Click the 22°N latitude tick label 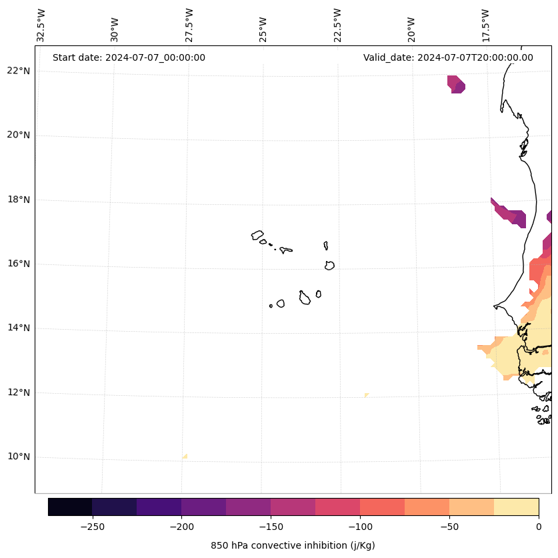coord(19,71)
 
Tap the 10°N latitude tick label coord(19,457)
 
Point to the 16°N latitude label coord(19,264)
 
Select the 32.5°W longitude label coord(41,25)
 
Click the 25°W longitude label coord(263,28)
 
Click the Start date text coord(129,57)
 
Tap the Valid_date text coord(448,57)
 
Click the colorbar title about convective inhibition coord(293,545)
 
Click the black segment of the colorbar coord(70,507)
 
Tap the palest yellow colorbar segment coord(516,507)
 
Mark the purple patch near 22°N coord(456,84)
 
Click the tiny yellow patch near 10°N coord(185,457)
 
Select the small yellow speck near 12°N coord(366,395)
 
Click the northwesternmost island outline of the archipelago coord(257,235)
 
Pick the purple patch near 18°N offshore coord(510,214)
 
